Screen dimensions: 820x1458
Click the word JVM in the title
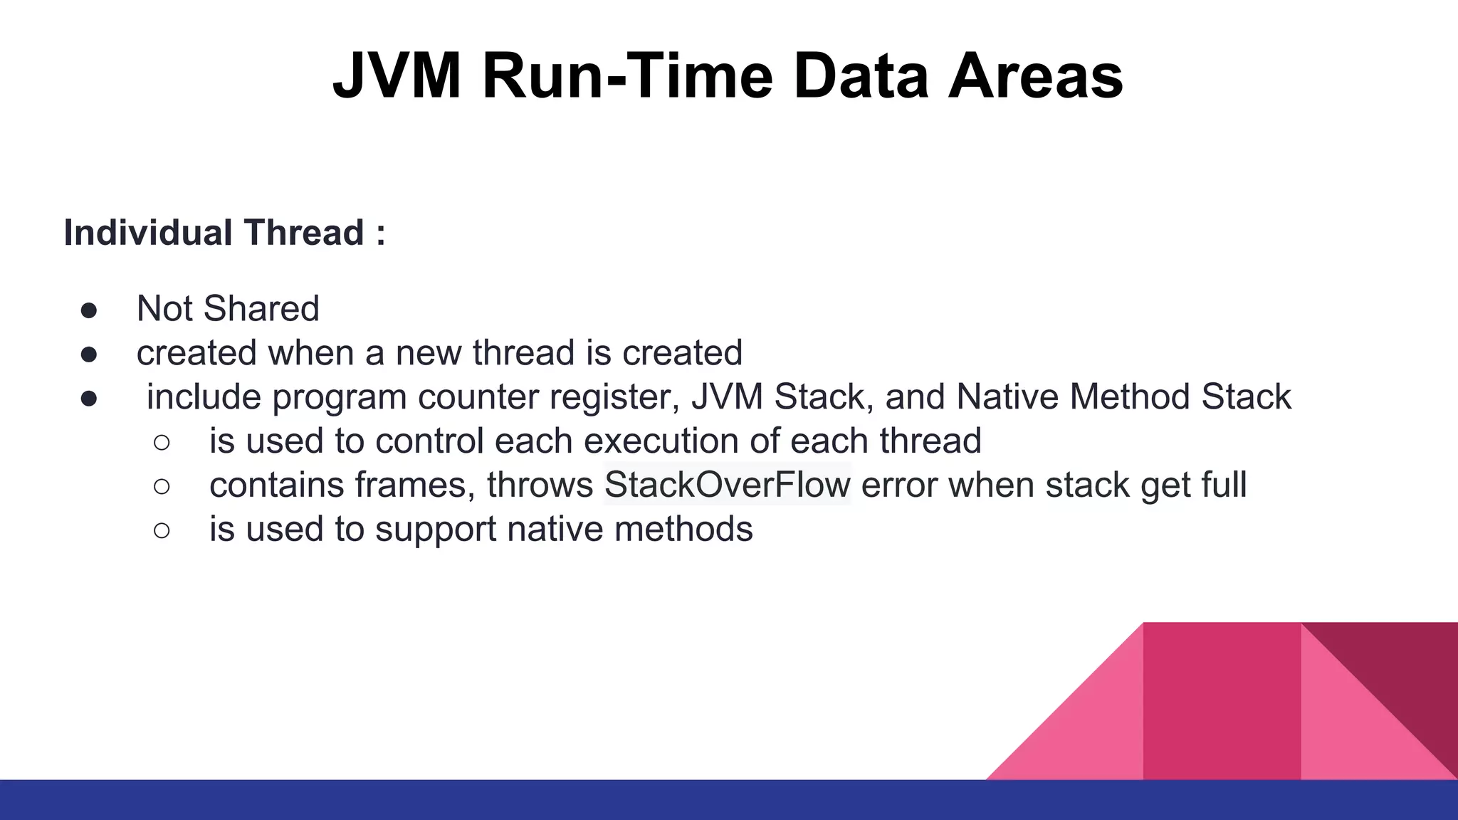tap(397, 76)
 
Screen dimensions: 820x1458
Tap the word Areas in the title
tap(1035, 76)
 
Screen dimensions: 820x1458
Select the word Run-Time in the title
tap(627, 76)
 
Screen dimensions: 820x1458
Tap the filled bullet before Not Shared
tap(89, 310)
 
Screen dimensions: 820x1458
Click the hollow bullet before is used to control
tap(162, 443)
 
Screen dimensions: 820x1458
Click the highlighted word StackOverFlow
tap(727, 485)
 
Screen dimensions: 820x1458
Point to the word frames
tap(414, 485)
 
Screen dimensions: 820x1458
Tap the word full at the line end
tap(1224, 485)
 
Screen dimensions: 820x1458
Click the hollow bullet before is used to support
tap(162, 531)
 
